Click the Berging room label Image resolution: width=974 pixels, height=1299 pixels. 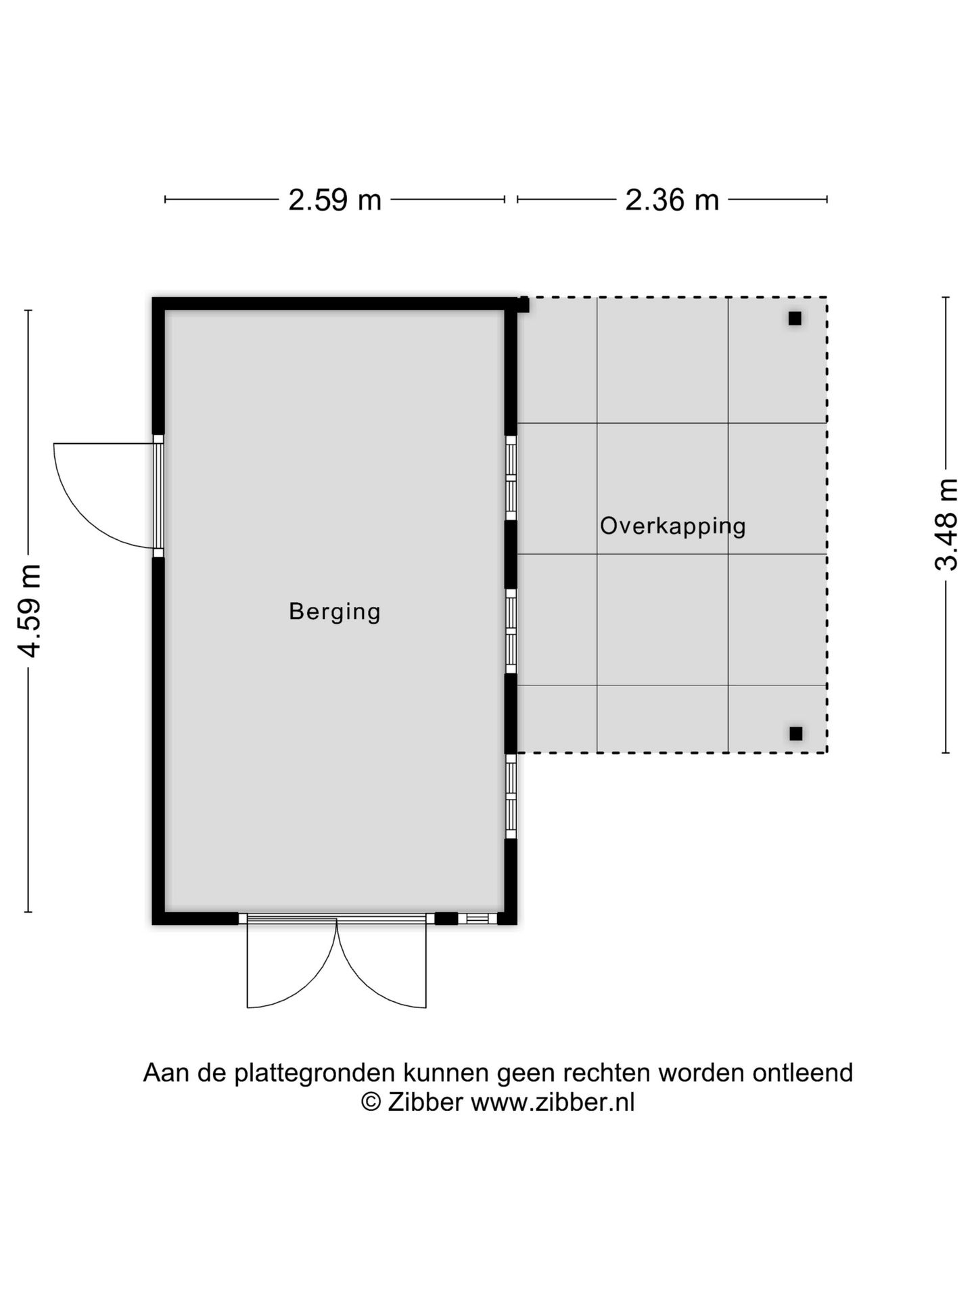click(335, 612)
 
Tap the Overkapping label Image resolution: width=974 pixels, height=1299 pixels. click(673, 526)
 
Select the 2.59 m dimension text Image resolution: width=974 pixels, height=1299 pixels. click(335, 200)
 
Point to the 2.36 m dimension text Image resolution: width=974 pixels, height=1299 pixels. click(672, 200)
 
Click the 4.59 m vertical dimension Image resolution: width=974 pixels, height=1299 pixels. click(30, 610)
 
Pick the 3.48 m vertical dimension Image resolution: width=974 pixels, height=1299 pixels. click(946, 524)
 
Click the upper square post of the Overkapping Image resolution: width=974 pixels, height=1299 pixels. click(795, 318)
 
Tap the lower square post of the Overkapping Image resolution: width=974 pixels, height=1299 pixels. click(796, 733)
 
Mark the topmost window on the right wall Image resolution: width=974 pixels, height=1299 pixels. click(511, 478)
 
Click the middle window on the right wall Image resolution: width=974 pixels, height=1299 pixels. click(511, 631)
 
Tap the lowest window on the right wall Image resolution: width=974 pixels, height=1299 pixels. click(511, 796)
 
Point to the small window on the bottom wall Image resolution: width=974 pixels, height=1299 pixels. click(478, 919)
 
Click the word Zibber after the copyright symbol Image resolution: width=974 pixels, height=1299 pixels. click(425, 1102)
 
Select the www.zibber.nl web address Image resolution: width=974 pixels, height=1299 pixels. click(553, 1102)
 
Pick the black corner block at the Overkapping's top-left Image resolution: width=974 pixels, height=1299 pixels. click(523, 304)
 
